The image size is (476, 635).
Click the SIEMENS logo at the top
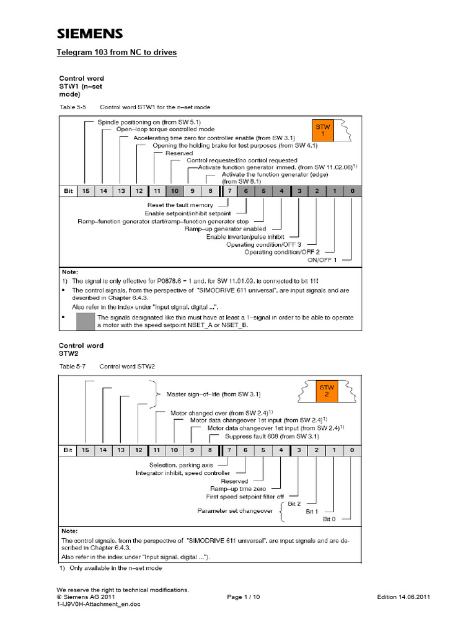[90, 33]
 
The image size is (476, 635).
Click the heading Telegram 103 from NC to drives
[117, 53]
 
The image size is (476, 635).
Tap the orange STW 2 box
[326, 391]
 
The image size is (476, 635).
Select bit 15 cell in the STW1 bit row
[85, 191]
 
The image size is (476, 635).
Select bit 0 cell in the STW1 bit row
[352, 191]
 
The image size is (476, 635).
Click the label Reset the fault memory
[180, 205]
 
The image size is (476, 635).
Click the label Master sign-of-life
[213, 394]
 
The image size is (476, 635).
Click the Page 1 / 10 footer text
[244, 597]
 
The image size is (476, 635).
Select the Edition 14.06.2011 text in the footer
[403, 597]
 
